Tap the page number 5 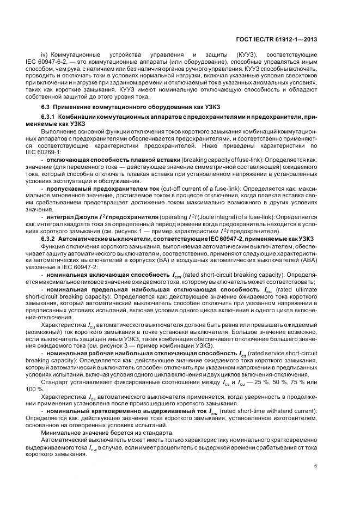click(x=316, y=465)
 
